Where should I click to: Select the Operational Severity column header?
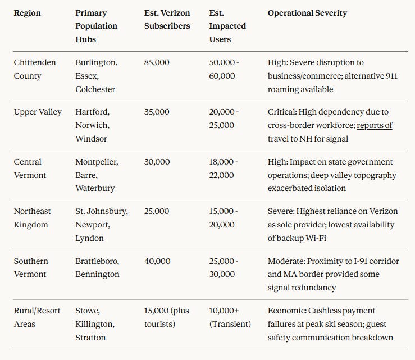(x=307, y=13)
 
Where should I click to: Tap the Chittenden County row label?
(x=35, y=69)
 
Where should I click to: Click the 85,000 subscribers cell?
(x=157, y=62)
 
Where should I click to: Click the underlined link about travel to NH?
(x=330, y=132)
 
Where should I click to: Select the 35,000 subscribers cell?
(x=157, y=112)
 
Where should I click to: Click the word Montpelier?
(x=97, y=162)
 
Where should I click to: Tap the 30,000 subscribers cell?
(x=157, y=162)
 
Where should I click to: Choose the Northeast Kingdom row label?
(x=32, y=218)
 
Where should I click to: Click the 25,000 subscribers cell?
(x=157, y=211)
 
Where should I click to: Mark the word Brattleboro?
(x=97, y=261)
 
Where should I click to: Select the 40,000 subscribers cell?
(x=157, y=261)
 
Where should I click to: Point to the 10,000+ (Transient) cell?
(x=230, y=317)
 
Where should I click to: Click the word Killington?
(x=95, y=324)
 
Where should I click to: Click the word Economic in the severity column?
(x=287, y=311)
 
